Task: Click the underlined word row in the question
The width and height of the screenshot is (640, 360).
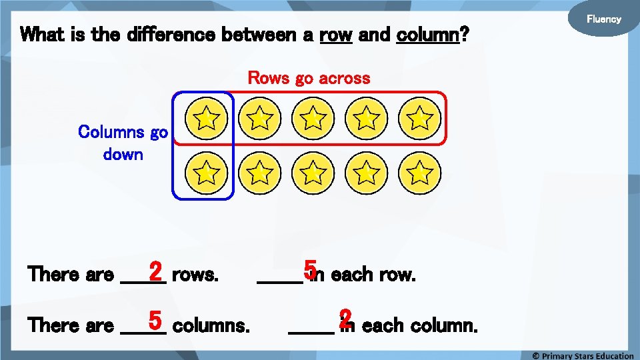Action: click(336, 34)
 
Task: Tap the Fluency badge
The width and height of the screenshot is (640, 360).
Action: click(603, 19)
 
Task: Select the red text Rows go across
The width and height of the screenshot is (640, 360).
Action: click(309, 78)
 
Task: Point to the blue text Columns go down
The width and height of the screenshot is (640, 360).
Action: click(123, 143)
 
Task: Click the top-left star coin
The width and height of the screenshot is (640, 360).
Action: click(207, 119)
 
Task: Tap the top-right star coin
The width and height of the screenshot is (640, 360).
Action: click(420, 119)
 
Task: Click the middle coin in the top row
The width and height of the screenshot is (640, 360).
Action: click(313, 119)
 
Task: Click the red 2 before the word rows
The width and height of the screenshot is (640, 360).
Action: click(155, 272)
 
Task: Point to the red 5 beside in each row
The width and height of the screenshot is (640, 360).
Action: click(309, 269)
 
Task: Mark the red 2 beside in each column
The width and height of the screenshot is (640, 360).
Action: click(345, 318)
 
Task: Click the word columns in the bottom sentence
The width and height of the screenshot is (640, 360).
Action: click(211, 326)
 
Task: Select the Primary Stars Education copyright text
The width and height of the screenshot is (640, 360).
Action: click(582, 355)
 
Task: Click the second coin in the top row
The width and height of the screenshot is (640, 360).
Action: click(260, 119)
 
